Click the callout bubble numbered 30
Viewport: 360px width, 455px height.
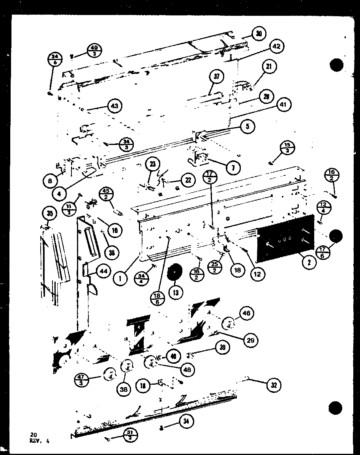(259, 34)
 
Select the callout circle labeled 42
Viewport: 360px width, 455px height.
(276, 46)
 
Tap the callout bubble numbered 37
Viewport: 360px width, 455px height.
(217, 77)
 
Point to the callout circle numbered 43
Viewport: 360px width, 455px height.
(114, 105)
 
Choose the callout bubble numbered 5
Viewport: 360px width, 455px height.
(247, 126)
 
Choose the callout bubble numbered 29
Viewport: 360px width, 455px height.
(249, 340)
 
